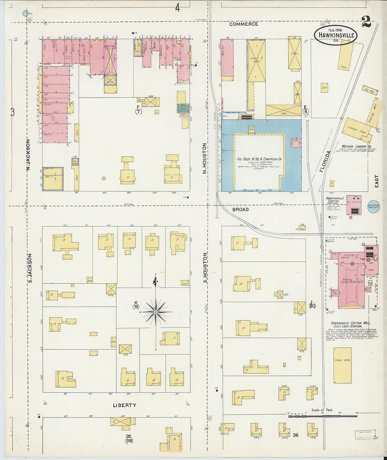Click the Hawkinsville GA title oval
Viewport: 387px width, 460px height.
[336, 35]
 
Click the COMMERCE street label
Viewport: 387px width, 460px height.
[244, 24]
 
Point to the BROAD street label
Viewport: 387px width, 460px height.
[240, 209]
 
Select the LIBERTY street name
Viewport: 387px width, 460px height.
[124, 405]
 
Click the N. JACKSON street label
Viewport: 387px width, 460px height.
[28, 155]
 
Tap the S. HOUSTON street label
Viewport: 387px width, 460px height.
[205, 268]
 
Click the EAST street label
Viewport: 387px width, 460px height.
[376, 181]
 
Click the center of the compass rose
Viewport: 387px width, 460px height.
[155, 312]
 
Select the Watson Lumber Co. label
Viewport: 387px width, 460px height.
[356, 146]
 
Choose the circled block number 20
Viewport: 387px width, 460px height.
[312, 306]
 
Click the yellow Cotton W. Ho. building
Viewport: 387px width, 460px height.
[342, 366]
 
